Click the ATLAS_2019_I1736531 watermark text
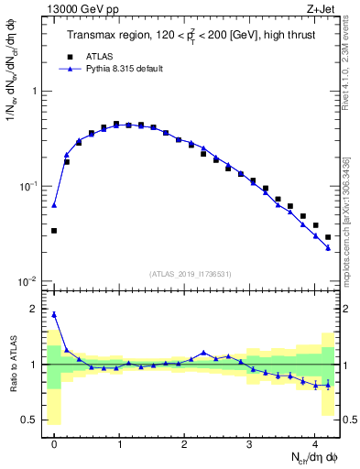pyautogui.click(x=191, y=273)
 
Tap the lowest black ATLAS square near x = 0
pyautogui.click(x=54, y=231)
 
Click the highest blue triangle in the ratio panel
pyautogui.click(x=54, y=314)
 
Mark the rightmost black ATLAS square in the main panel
pyautogui.click(x=328, y=237)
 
